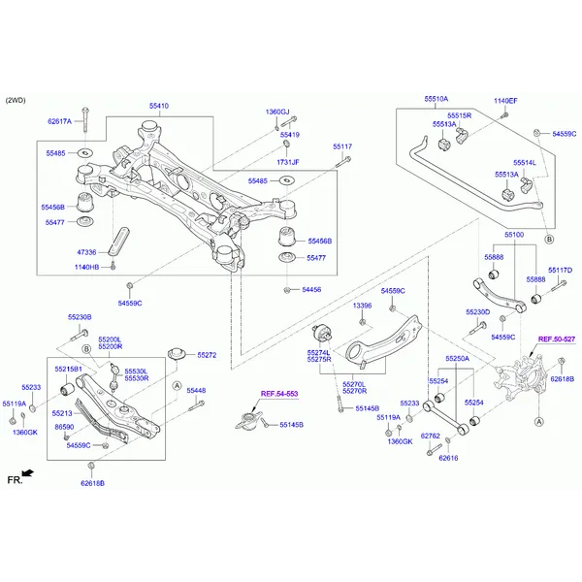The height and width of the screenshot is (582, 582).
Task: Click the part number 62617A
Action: pyautogui.click(x=60, y=121)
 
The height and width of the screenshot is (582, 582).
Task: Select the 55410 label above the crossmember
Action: pyautogui.click(x=158, y=105)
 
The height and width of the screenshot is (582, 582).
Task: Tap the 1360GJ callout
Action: pyautogui.click(x=277, y=113)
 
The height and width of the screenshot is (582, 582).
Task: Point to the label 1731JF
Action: pyautogui.click(x=288, y=162)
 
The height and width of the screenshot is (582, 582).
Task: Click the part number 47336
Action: pyautogui.click(x=87, y=251)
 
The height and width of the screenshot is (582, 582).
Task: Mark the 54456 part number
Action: pyautogui.click(x=311, y=289)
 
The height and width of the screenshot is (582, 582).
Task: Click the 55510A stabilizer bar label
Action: pyautogui.click(x=436, y=99)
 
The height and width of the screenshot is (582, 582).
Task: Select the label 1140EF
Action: pyautogui.click(x=505, y=101)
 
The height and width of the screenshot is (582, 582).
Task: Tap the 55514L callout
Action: pyautogui.click(x=525, y=162)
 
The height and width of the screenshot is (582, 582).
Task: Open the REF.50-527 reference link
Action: pyautogui.click(x=557, y=339)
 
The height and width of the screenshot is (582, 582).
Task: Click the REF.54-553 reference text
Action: pyautogui.click(x=279, y=394)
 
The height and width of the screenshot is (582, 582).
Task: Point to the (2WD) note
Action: pyautogui.click(x=16, y=100)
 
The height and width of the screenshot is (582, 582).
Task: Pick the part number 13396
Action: pyautogui.click(x=361, y=306)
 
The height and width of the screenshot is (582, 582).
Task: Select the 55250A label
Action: pyautogui.click(x=457, y=358)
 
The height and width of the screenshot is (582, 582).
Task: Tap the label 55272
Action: pyautogui.click(x=206, y=355)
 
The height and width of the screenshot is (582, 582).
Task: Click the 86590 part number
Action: pyautogui.click(x=64, y=427)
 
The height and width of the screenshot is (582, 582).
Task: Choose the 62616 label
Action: pyautogui.click(x=447, y=458)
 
